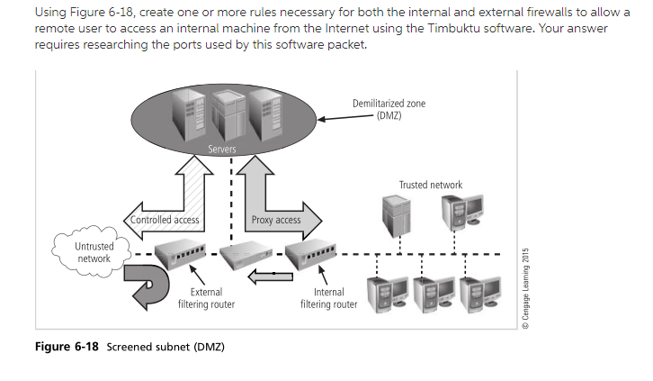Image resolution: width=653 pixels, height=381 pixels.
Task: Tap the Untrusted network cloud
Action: [94, 252]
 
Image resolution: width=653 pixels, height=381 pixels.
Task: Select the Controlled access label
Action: [165, 220]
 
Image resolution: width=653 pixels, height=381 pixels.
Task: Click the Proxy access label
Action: [276, 220]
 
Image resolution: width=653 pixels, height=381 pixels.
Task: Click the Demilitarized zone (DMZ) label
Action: [389, 110]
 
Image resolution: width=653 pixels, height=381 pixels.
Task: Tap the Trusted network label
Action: [430, 185]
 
